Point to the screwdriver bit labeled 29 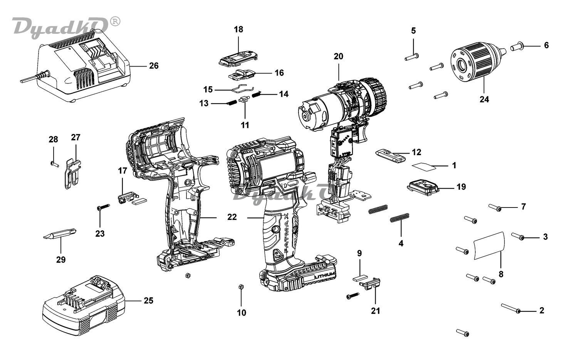click(60, 234)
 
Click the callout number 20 click(338, 56)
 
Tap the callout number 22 click(232, 217)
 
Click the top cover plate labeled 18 click(238, 59)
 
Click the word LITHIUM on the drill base click(324, 276)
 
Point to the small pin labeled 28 click(54, 164)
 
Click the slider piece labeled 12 click(390, 156)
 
